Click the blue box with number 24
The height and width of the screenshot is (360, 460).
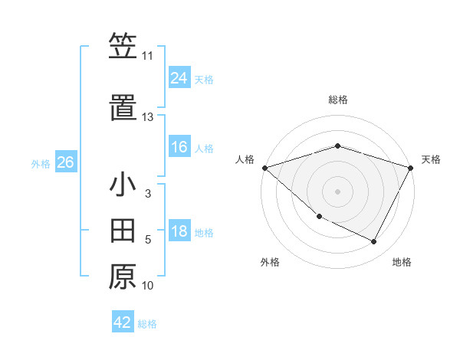pos(179,78)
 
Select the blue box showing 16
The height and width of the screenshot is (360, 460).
pos(179,148)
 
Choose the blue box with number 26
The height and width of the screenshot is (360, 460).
pos(65,162)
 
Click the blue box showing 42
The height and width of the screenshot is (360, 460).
pos(123,322)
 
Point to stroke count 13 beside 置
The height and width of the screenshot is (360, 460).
pos(148,117)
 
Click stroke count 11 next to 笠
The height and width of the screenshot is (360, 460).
pos(148,56)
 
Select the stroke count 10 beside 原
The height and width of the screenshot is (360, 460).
pos(148,286)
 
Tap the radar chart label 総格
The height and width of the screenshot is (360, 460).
pos(338,100)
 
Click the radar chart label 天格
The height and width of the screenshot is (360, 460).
pos(431,159)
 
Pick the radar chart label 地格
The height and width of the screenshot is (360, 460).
pos(402,262)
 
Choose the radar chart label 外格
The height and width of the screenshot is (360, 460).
pos(270,262)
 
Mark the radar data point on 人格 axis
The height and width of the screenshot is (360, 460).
pos(264,168)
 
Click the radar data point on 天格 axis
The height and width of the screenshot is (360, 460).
pos(411,168)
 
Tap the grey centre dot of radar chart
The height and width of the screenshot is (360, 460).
pos(338,191)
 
